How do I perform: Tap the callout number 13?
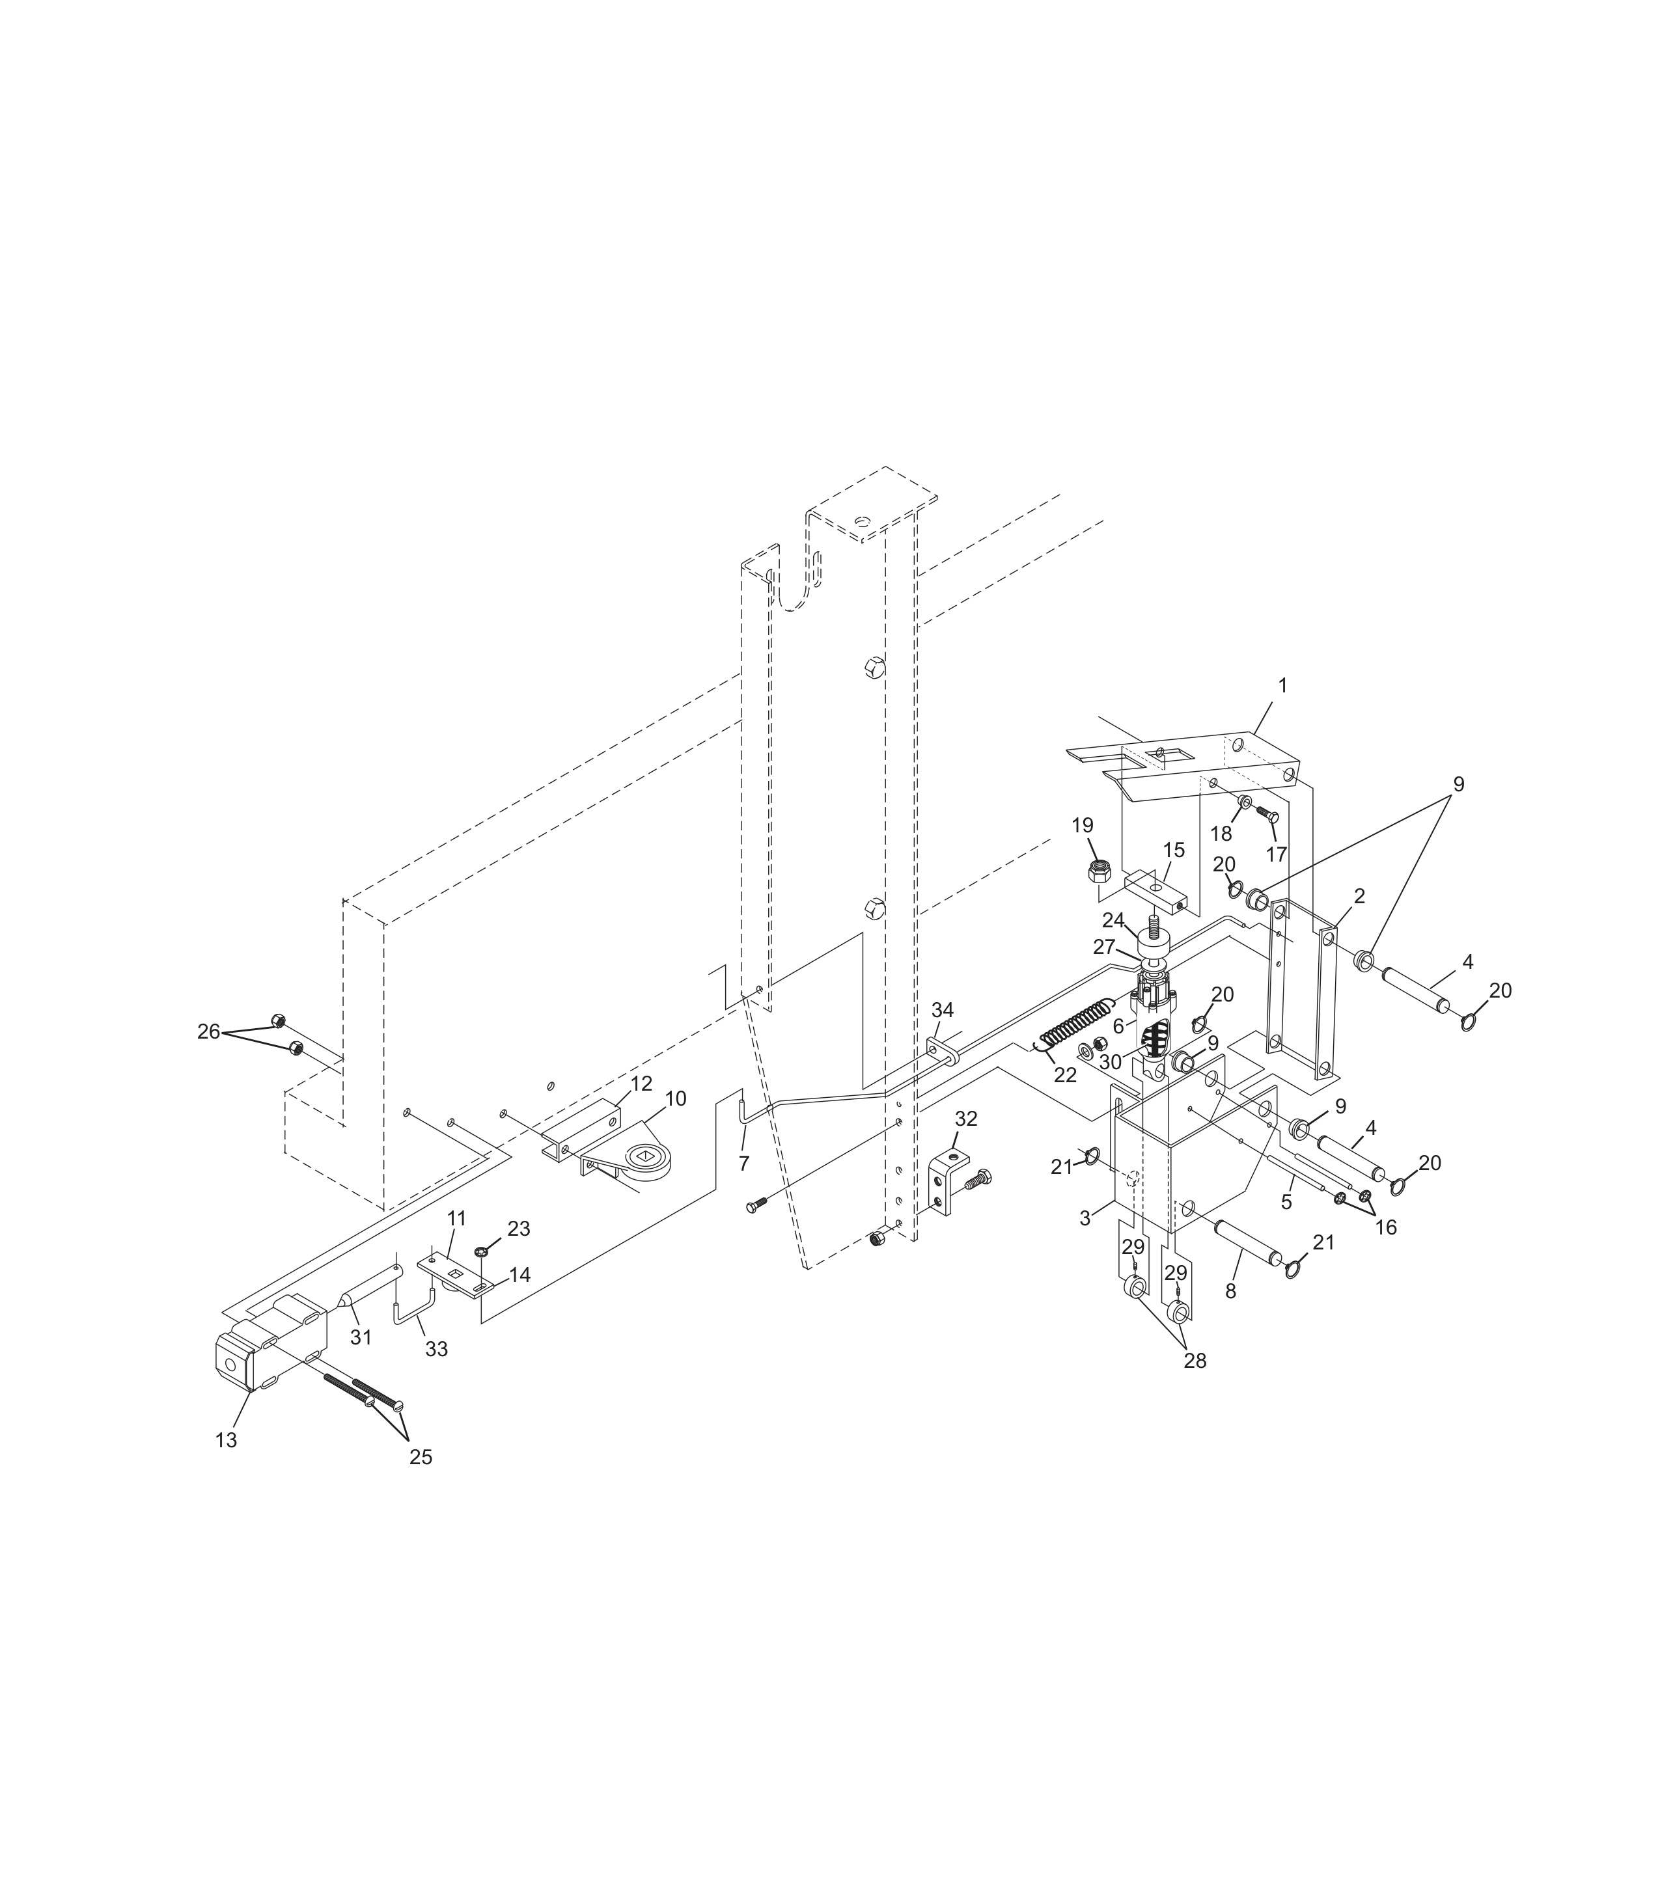click(x=226, y=1440)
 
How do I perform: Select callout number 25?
click(x=421, y=1457)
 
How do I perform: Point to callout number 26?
click(x=208, y=1031)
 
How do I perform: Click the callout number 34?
click(x=942, y=1009)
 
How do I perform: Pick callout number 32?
click(x=966, y=1119)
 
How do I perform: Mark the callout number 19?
click(x=1083, y=825)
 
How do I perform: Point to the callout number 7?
click(x=744, y=1164)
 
